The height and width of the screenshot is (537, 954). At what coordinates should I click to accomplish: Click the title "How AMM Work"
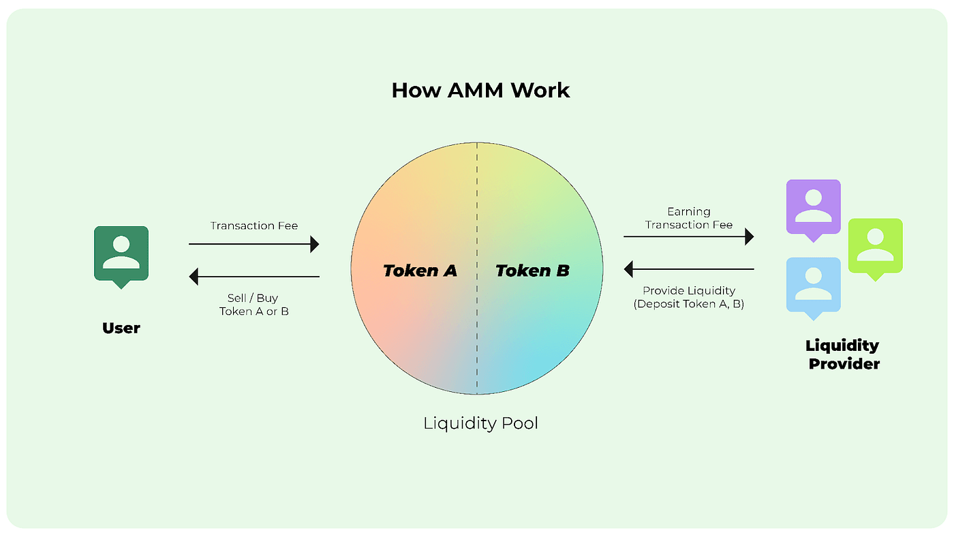pyautogui.click(x=480, y=91)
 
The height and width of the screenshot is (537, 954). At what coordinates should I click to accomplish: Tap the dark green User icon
pyautogui.click(x=121, y=254)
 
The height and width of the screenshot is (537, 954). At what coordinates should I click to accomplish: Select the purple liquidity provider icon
pyautogui.click(x=813, y=206)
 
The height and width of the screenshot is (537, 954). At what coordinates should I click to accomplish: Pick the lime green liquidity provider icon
pyautogui.click(x=875, y=246)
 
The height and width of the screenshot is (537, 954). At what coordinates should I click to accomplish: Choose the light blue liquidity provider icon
pyautogui.click(x=813, y=286)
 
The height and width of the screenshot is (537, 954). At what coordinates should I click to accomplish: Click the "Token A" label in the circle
pyautogui.click(x=420, y=271)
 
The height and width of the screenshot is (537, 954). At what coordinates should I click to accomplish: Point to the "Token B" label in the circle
pyautogui.click(x=532, y=271)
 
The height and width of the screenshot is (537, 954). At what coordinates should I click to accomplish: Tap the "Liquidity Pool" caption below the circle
pyautogui.click(x=480, y=423)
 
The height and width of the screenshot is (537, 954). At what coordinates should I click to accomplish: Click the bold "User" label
pyautogui.click(x=121, y=328)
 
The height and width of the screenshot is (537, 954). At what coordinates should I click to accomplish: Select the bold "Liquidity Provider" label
pyautogui.click(x=843, y=354)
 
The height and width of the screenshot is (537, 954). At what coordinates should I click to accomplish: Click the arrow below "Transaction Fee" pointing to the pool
pyautogui.click(x=253, y=243)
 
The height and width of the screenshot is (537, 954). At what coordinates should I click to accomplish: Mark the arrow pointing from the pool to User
pyautogui.click(x=253, y=277)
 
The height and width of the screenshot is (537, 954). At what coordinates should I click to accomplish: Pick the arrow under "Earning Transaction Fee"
pyautogui.click(x=688, y=236)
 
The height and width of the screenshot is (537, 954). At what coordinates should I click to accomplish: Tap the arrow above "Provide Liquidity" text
pyautogui.click(x=688, y=269)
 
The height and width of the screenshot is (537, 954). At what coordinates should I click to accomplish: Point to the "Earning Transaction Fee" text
pyautogui.click(x=688, y=218)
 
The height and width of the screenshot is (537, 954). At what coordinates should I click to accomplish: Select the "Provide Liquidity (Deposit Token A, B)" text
pyautogui.click(x=688, y=297)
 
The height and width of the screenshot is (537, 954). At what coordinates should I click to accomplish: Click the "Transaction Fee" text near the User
pyautogui.click(x=253, y=226)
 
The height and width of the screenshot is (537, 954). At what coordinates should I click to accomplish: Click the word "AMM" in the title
pyautogui.click(x=480, y=91)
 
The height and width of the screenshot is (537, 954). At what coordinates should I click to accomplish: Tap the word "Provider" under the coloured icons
pyautogui.click(x=844, y=364)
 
